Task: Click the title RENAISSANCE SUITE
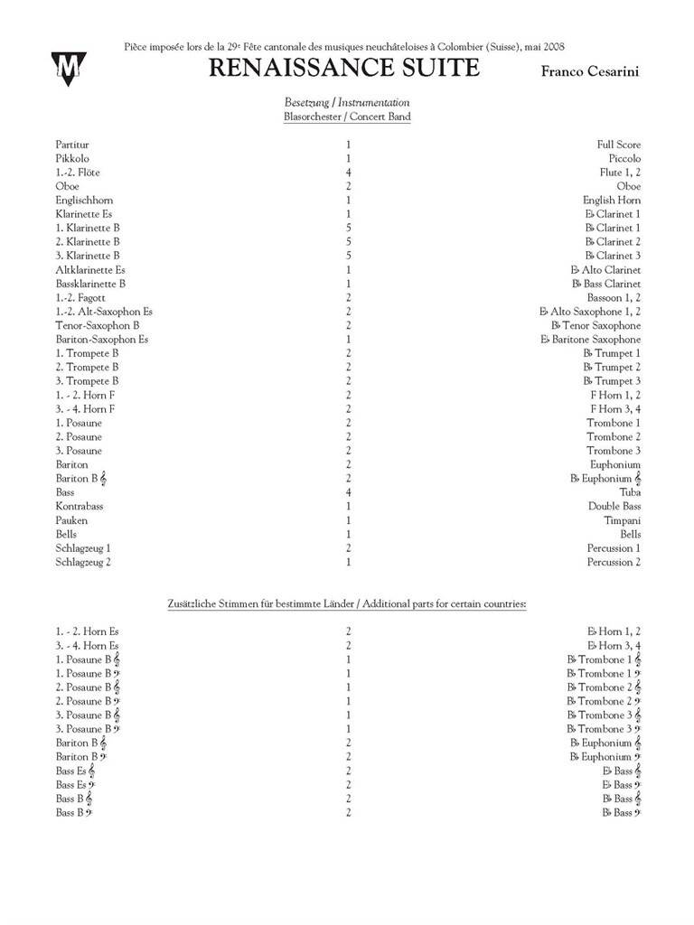point(343,68)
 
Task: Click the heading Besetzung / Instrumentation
point(347,103)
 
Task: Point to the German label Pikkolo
point(72,158)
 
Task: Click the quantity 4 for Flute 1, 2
point(348,173)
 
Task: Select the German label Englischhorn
point(84,201)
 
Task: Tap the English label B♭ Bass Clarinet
point(605,284)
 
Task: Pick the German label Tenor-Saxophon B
point(97,325)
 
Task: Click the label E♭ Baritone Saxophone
point(590,340)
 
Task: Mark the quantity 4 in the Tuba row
point(348,492)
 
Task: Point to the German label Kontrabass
point(80,507)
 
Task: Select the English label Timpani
point(622,520)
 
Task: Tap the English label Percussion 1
point(614,548)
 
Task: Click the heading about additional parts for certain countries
point(347,603)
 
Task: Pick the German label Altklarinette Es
point(90,270)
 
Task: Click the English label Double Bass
point(614,507)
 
